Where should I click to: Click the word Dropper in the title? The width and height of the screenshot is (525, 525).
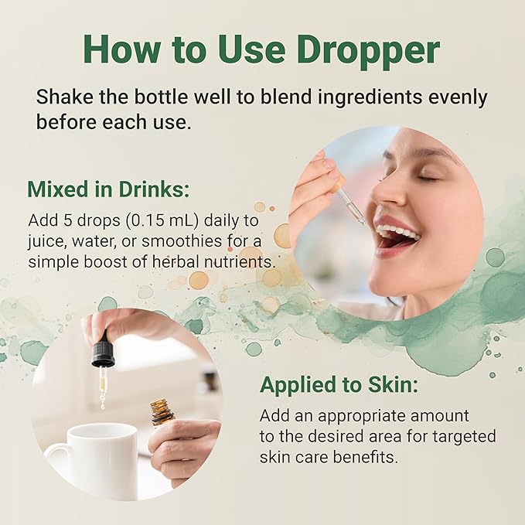(368, 50)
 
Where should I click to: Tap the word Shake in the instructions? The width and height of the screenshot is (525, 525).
(64, 97)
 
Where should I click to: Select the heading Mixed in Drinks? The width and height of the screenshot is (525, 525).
(108, 189)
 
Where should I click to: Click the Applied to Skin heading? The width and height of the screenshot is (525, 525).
(339, 385)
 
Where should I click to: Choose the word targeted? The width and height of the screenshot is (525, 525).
(464, 436)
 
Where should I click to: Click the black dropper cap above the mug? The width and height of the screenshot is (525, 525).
(104, 351)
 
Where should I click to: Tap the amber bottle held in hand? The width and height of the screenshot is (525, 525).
(162, 413)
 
